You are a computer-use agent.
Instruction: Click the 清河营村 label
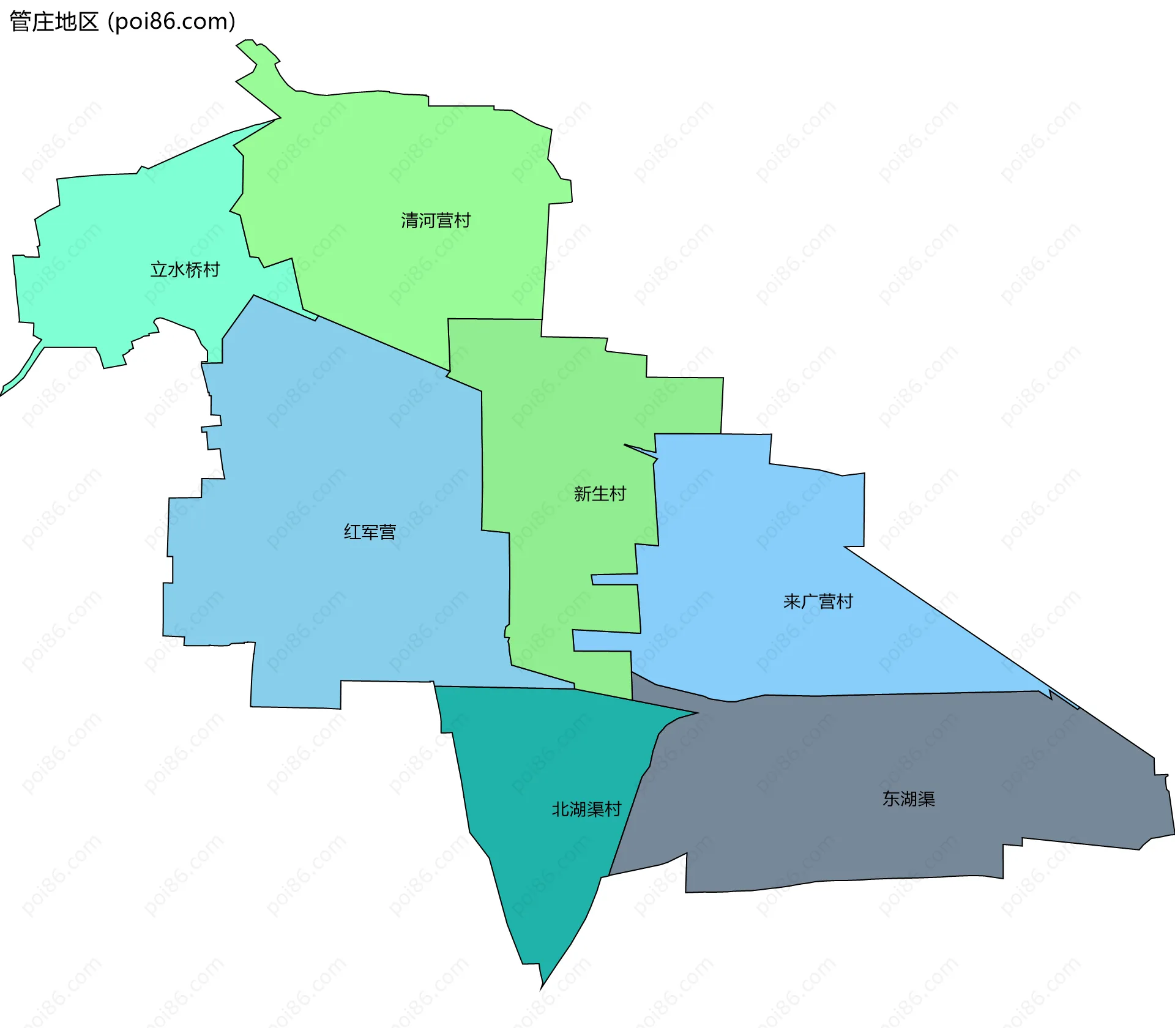coord(436,220)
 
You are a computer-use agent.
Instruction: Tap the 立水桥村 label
coord(185,269)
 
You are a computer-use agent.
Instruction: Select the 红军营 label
coord(370,532)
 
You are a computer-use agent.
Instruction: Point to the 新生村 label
coord(600,493)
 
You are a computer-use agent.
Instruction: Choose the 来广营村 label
coord(818,602)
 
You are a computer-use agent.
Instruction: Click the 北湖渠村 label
coord(586,809)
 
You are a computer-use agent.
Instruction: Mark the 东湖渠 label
coord(908,799)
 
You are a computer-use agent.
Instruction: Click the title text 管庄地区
coord(54,22)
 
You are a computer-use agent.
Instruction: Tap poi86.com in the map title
coord(171,22)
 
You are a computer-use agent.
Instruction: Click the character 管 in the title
coord(20,22)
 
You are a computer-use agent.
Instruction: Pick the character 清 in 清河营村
coord(409,220)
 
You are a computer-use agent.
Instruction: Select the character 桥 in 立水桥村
coord(194,269)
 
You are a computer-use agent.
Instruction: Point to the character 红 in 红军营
coord(352,532)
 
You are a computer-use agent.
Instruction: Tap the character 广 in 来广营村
coord(809,602)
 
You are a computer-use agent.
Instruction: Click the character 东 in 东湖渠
coord(891,799)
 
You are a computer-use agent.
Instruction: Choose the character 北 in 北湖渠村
coord(561,809)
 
